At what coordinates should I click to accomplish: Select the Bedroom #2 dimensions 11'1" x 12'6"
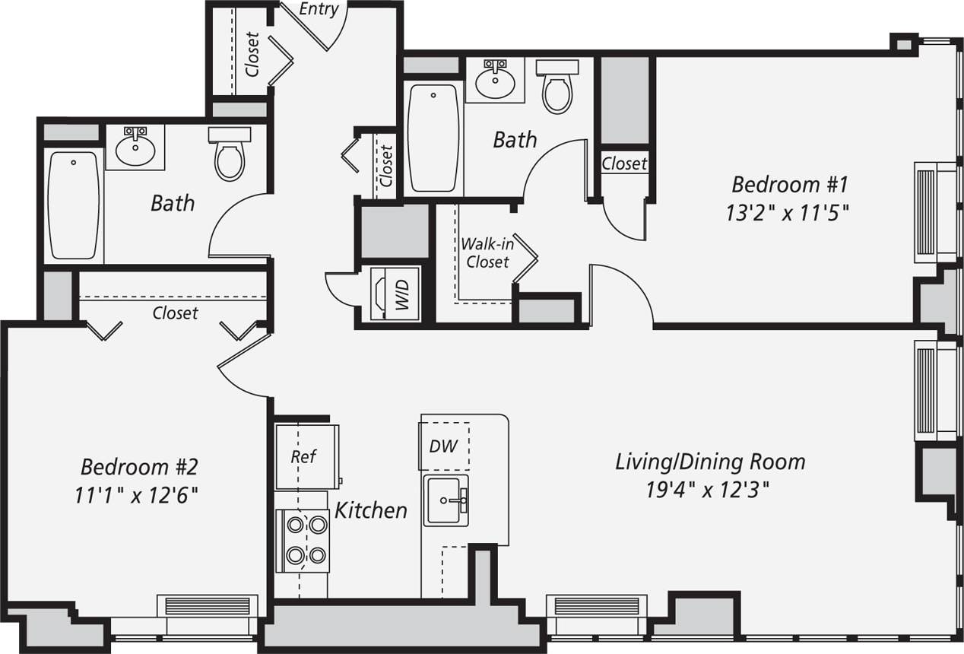point(136,495)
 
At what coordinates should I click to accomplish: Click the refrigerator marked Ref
point(304,457)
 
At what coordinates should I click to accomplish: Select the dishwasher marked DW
point(444,446)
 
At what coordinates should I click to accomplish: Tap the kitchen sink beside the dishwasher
point(446,500)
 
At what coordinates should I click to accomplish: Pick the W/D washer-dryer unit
point(395,294)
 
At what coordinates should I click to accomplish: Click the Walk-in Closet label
point(487,253)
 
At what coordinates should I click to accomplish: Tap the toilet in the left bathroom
point(230,154)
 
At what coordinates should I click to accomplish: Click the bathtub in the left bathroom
point(74,205)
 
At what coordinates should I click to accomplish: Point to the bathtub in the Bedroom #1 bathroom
point(433,138)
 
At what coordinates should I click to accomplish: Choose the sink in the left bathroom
point(140,147)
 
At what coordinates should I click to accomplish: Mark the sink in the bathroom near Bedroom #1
point(495,78)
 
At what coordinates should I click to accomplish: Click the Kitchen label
point(371,510)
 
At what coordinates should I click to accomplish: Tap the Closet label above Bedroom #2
point(175,313)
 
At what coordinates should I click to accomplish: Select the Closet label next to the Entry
point(252,54)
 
